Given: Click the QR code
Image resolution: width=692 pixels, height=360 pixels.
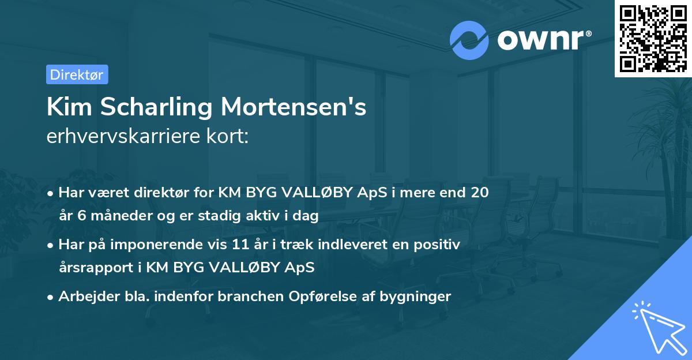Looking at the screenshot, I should pyautogui.click(x=652, y=39).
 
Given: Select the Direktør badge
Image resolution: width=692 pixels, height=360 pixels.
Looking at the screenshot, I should pyautogui.click(x=77, y=74).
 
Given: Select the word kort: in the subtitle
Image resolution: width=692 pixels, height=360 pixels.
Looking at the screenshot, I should pyautogui.click(x=231, y=137).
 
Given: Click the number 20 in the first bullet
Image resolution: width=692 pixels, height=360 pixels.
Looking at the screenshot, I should pyautogui.click(x=480, y=193).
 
